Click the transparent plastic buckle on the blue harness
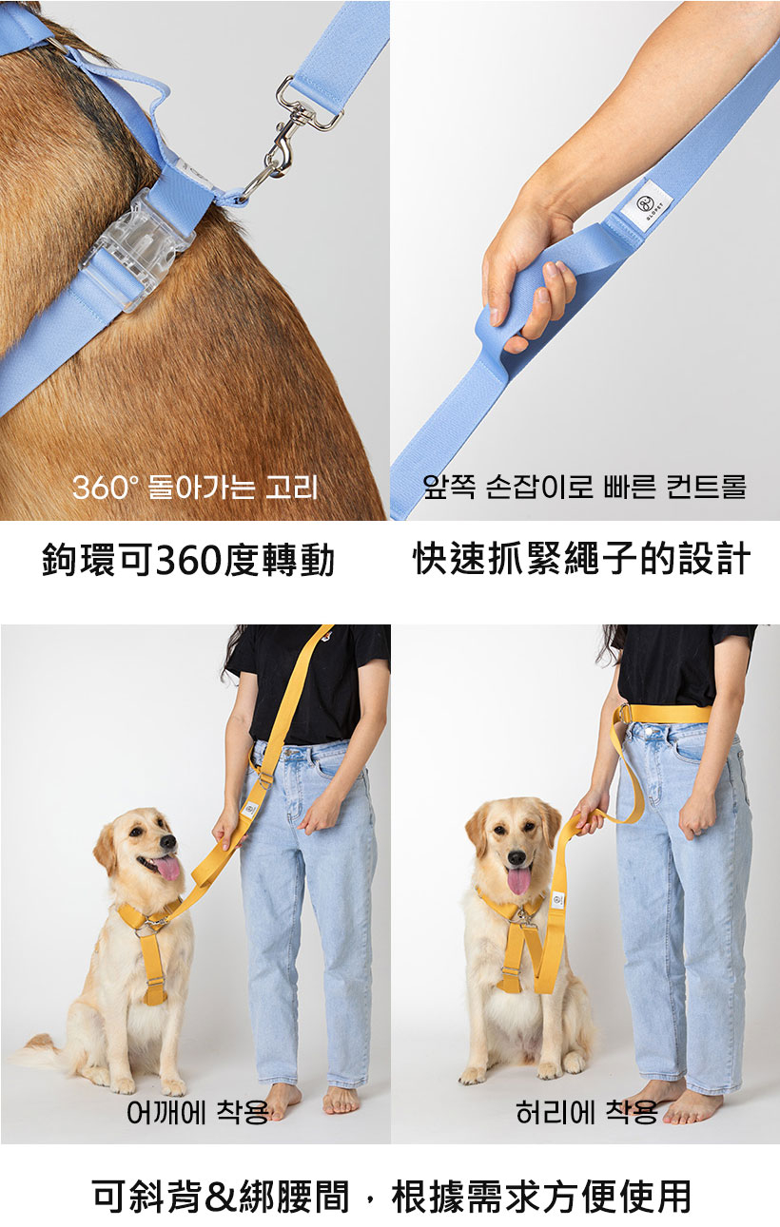[137, 250]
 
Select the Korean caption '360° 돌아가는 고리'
[195, 487]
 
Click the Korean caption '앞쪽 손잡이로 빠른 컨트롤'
[584, 486]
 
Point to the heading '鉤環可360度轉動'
[188, 560]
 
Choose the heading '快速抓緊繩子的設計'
[581, 559]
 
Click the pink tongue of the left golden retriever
[166, 868]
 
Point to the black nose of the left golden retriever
[168, 842]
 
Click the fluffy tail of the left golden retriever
[41, 1053]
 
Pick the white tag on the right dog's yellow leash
[558, 899]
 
